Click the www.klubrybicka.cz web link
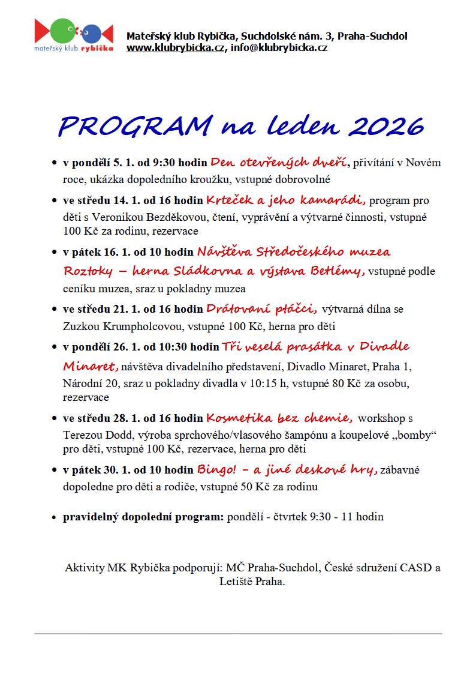click(x=175, y=48)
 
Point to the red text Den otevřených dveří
click(x=279, y=162)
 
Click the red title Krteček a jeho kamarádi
click(x=285, y=200)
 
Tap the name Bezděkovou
click(x=177, y=217)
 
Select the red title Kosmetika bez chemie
click(x=279, y=418)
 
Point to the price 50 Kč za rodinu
click(x=279, y=487)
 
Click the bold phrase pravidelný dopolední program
click(x=143, y=517)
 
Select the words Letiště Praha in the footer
click(x=252, y=582)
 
